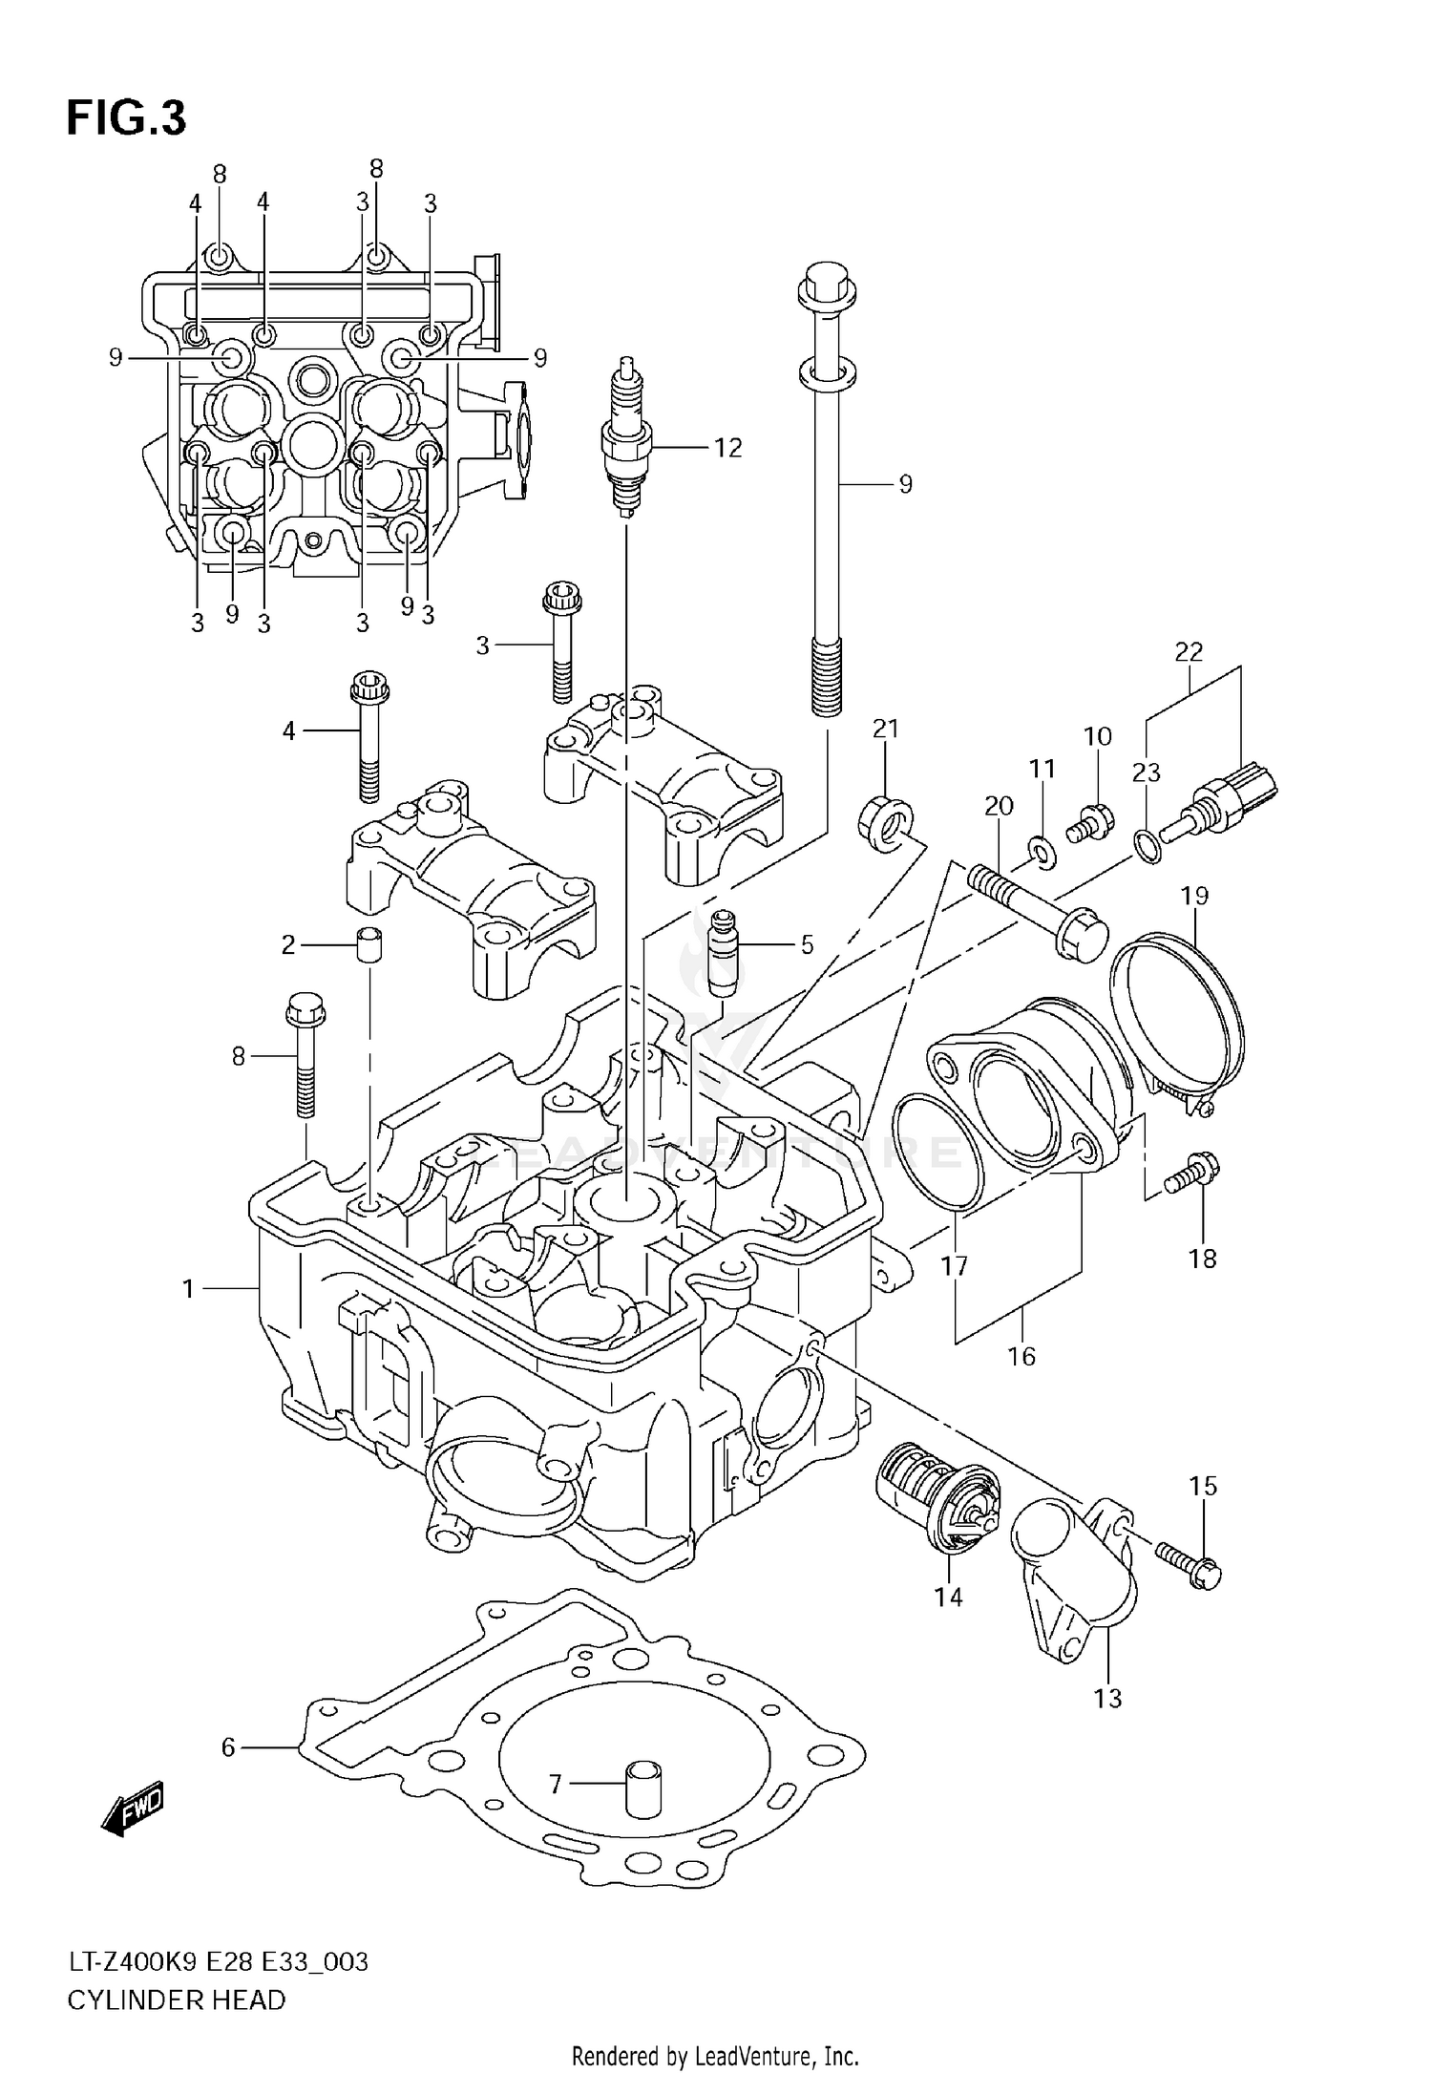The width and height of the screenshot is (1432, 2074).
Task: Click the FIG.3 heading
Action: [126, 119]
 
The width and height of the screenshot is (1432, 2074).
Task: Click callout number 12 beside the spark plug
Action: [727, 448]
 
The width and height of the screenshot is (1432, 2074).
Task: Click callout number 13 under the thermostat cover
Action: [1107, 1698]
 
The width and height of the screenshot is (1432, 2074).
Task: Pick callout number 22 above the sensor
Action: [1189, 652]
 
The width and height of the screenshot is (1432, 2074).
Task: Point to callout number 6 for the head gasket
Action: [227, 1747]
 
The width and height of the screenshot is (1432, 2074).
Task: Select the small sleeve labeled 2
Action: [370, 945]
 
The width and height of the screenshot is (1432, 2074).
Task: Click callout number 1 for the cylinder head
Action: [188, 1289]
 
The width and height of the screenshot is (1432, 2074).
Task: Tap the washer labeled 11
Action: [1042, 847]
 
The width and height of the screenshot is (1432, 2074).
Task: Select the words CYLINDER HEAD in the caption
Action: [176, 2000]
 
